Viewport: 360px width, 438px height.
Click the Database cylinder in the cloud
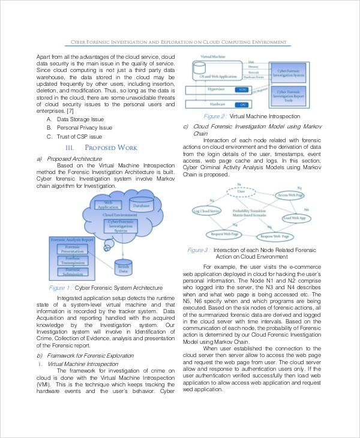click(x=141, y=205)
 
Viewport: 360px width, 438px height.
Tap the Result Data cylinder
click(x=124, y=269)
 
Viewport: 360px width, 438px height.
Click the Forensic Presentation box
click(x=72, y=248)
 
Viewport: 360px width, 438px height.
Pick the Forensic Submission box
click(x=72, y=272)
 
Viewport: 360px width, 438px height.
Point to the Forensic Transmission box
click(x=72, y=260)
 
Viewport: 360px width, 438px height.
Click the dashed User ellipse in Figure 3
click(x=241, y=191)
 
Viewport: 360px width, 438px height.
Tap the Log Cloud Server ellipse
click(x=207, y=211)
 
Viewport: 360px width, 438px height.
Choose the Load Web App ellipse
click(x=294, y=218)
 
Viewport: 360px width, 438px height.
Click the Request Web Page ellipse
click(x=226, y=233)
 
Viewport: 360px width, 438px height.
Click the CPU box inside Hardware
click(x=242, y=104)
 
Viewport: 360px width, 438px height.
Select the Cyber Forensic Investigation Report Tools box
click(x=290, y=95)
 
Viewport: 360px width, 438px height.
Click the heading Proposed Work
click(x=103, y=148)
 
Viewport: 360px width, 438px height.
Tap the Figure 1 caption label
click(x=60, y=288)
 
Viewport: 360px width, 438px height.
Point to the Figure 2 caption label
click(x=215, y=116)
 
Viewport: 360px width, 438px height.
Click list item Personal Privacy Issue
click(x=84, y=128)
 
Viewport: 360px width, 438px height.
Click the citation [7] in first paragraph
click(x=70, y=111)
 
